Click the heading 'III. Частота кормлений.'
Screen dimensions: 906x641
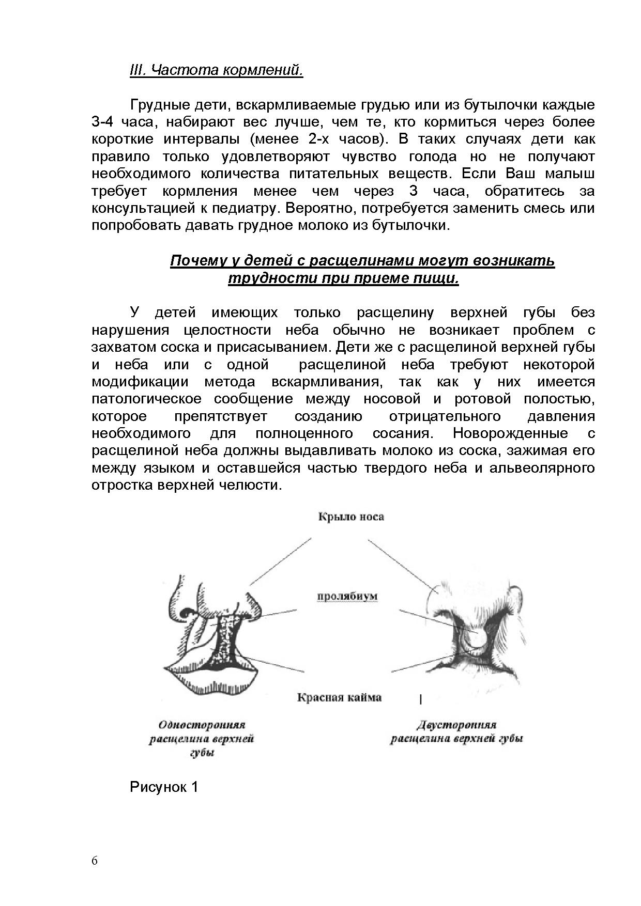pyautogui.click(x=216, y=70)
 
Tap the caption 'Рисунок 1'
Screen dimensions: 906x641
pyautogui.click(x=164, y=787)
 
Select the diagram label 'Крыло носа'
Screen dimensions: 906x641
pyautogui.click(x=350, y=517)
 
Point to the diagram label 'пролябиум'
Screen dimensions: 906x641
pyautogui.click(x=347, y=596)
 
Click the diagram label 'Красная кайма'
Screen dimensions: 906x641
pyautogui.click(x=339, y=697)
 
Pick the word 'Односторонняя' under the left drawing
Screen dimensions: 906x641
pyautogui.click(x=202, y=725)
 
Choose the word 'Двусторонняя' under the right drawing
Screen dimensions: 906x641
pyautogui.click(x=456, y=725)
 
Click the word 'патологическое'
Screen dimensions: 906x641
pyautogui.click(x=146, y=399)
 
